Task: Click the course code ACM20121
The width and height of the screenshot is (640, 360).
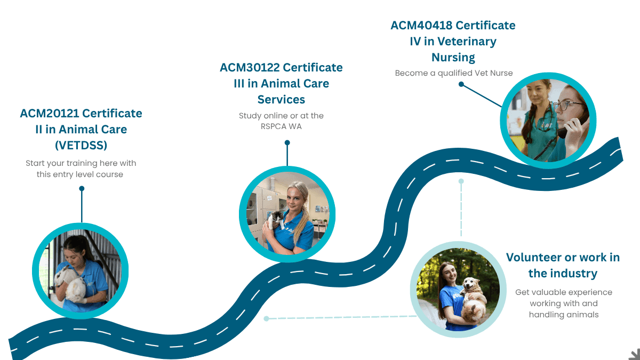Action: coord(50,114)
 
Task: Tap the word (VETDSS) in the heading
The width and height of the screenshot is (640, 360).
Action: coord(81,145)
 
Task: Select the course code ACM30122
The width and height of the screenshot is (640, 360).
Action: coord(250,68)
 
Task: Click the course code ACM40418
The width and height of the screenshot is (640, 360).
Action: coord(421,26)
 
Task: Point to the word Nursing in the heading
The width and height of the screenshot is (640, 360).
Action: coord(453,57)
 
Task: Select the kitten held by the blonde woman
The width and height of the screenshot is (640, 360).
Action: coord(276,219)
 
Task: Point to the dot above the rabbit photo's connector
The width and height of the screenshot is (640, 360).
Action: coord(82,188)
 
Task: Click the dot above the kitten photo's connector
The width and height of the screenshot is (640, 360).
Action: coord(287,142)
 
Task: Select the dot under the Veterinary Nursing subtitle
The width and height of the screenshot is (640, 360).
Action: coord(461,84)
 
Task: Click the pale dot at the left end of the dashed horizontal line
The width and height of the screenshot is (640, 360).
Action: coord(266,319)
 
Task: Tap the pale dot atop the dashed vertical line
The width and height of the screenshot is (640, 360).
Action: coord(461,181)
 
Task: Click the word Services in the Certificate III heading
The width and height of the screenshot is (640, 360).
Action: coord(281,99)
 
